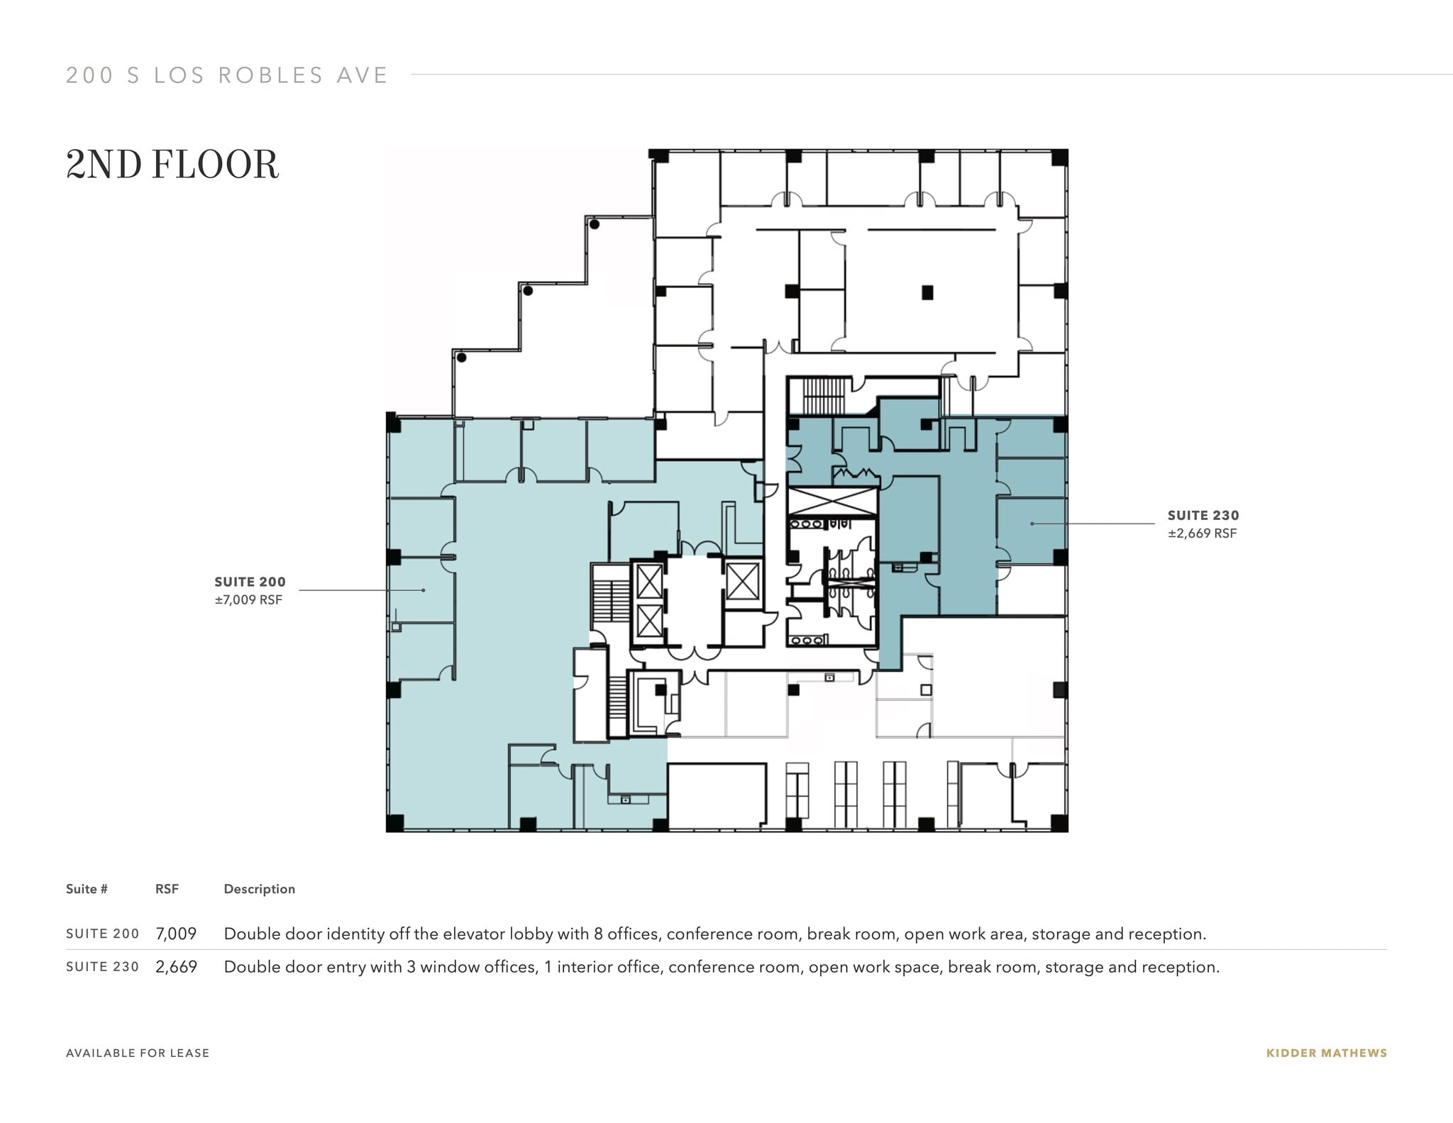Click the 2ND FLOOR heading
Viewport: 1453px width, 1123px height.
172,165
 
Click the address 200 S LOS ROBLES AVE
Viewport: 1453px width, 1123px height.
227,75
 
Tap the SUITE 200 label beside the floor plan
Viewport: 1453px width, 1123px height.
250,582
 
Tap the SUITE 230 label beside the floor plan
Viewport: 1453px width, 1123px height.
1203,516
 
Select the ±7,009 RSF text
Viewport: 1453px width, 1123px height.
248,600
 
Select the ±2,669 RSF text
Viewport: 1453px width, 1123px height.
1203,533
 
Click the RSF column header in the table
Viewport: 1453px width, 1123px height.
167,889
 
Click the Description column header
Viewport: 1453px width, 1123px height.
259,889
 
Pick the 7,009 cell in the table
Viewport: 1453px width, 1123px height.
176,934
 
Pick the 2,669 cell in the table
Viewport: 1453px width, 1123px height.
176,967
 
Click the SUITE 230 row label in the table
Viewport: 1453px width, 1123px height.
102,967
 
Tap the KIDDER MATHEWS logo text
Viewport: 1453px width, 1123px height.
1326,1053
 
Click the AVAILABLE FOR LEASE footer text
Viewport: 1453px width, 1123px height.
138,1053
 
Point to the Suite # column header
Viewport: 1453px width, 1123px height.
87,889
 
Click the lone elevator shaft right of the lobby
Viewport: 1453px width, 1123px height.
742,581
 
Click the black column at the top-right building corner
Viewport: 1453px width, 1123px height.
1059,157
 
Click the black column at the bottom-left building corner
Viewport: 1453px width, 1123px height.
394,823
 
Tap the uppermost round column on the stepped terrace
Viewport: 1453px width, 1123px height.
595,224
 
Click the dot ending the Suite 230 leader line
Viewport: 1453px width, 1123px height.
1032,524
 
